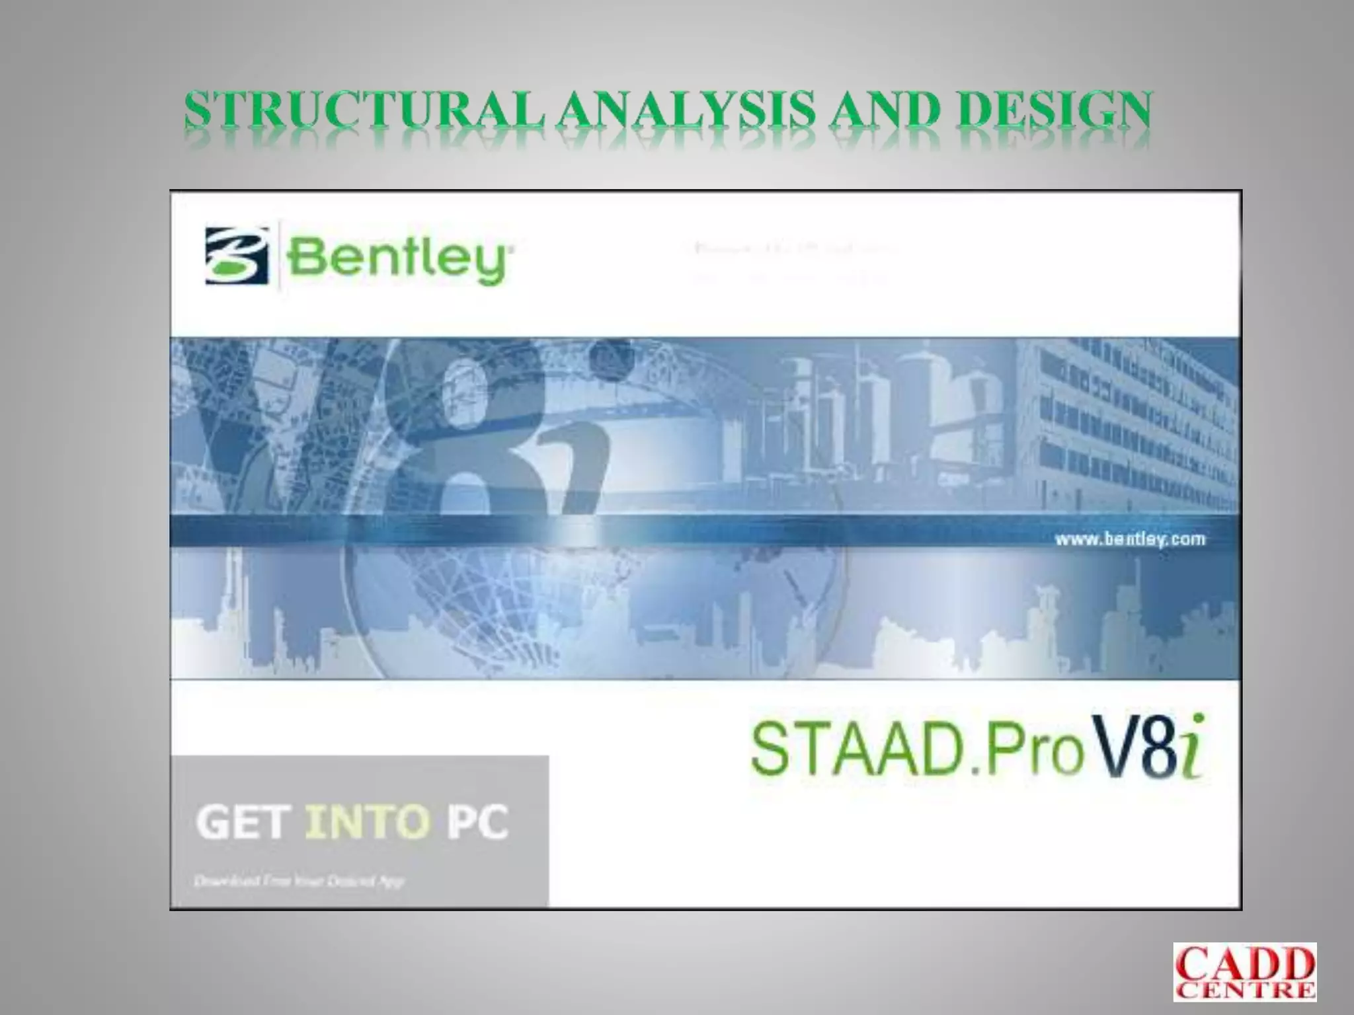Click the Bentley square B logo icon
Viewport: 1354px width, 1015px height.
point(237,256)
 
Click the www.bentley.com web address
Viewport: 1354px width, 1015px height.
point(1129,540)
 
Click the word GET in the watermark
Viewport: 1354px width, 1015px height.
point(243,823)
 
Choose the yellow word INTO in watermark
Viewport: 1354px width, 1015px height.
point(368,823)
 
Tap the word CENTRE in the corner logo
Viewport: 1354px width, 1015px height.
point(1245,991)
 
